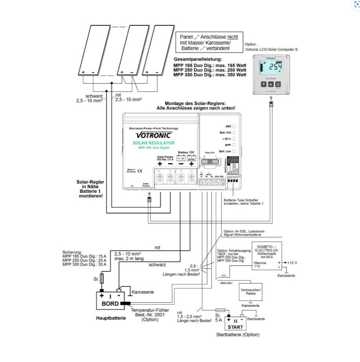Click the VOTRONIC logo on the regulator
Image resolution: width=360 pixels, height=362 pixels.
pyautogui.click(x=153, y=135)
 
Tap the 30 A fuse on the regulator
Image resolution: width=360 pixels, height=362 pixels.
pyautogui.click(x=210, y=161)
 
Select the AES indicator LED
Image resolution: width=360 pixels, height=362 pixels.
pyautogui.click(x=234, y=126)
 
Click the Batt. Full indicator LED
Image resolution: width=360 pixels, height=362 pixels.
pyautogui.click(x=234, y=133)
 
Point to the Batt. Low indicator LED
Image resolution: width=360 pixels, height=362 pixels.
pyautogui.click(x=234, y=151)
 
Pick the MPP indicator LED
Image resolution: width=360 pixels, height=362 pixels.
pyautogui.click(x=234, y=145)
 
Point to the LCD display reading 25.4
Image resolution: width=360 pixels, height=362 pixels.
pyautogui.click(x=270, y=68)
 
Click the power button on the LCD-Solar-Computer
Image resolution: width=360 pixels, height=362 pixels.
pyautogui.click(x=278, y=85)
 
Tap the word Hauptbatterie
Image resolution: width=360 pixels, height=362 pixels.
pyautogui.click(x=111, y=318)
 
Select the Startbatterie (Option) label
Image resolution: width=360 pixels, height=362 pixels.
pyautogui.click(x=238, y=335)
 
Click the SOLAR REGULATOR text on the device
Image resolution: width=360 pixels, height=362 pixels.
pyautogui.click(x=153, y=143)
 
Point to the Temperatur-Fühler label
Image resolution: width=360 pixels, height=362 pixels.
pyautogui.click(x=147, y=310)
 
